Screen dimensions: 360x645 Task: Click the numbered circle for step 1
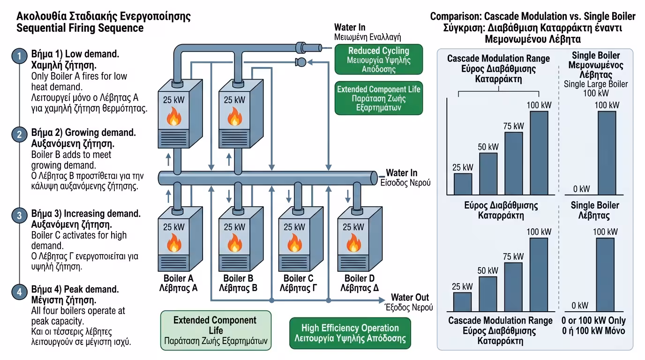19,57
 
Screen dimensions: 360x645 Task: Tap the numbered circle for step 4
19,292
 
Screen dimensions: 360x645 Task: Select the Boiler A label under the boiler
179,278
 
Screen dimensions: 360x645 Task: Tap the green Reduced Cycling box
378,60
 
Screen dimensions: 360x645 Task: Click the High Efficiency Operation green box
350,333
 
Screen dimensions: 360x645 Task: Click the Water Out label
410,298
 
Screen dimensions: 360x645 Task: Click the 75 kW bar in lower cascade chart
513,287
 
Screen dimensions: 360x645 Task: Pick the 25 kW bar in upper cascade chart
463,184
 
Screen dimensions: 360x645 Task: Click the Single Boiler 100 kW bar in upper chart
607,152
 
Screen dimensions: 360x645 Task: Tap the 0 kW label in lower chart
580,306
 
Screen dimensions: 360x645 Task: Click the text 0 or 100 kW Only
594,321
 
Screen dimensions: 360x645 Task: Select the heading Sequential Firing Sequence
80,28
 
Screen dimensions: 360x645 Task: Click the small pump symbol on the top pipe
300,62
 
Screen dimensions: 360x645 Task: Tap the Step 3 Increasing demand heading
86,214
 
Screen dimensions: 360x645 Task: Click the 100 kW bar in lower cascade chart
539,275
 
